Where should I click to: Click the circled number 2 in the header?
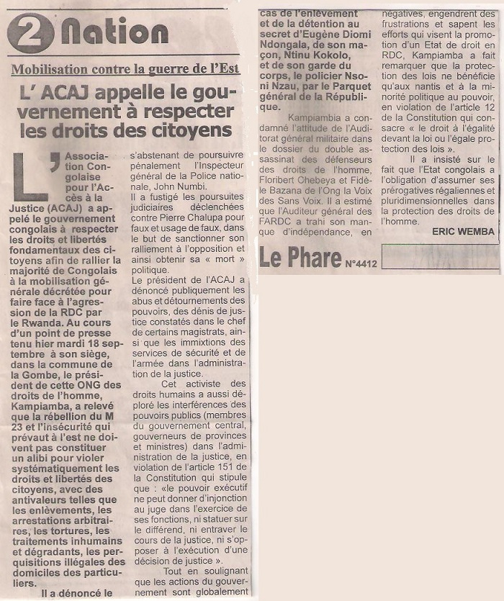coord(30,32)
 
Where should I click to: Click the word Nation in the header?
coord(115,31)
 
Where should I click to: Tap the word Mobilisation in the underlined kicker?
coord(48,70)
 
